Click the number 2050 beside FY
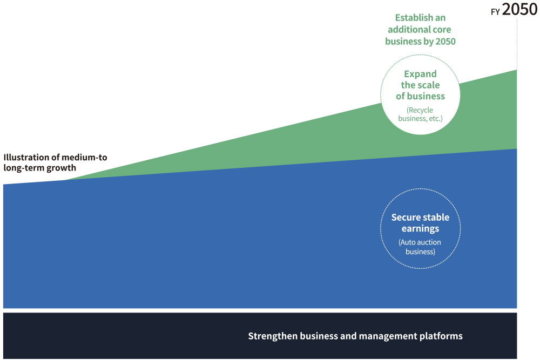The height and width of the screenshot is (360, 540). [519, 9]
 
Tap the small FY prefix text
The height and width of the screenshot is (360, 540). [495, 12]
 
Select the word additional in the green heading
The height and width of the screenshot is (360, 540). [404, 30]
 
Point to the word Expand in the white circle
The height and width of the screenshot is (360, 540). [420, 74]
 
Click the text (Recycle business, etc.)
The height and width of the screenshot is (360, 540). [420, 114]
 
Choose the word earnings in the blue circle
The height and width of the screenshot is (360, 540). [420, 228]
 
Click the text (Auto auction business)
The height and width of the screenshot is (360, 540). [420, 247]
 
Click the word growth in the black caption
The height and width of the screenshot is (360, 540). [62, 168]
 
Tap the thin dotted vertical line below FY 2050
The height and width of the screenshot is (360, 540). [517, 43]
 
